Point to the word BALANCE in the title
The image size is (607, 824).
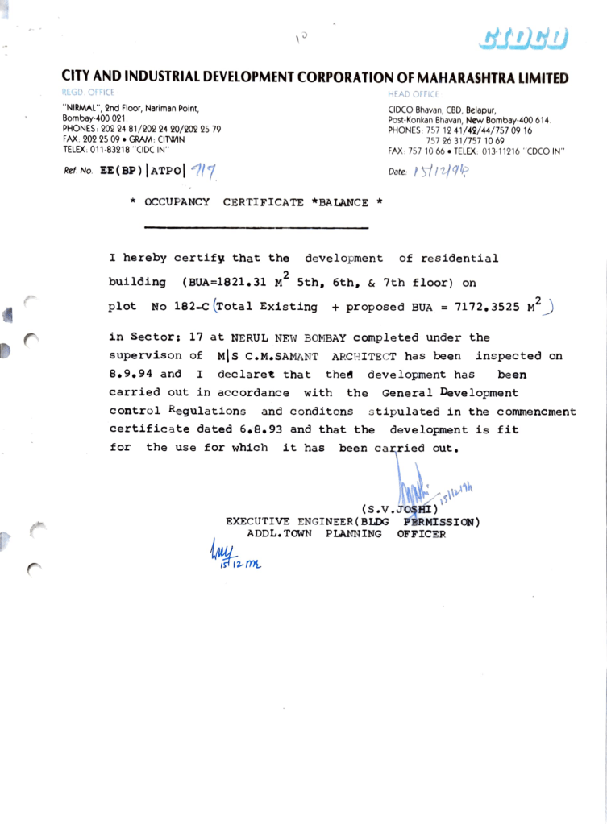(344, 202)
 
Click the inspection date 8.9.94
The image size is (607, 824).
(131, 375)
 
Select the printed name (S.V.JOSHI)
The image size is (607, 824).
(401, 509)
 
